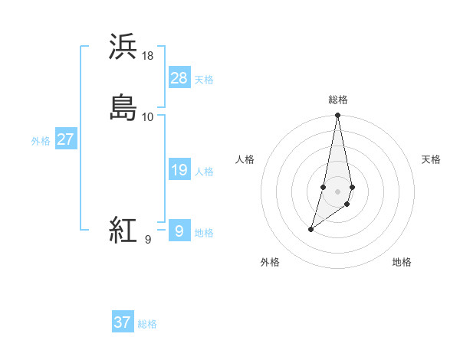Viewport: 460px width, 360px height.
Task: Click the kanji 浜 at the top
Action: [123, 47]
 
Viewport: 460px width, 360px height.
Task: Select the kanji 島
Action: [123, 107]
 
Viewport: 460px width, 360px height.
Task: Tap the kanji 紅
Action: [123, 230]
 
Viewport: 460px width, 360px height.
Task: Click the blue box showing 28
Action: [179, 78]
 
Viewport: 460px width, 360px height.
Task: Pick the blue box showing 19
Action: [179, 170]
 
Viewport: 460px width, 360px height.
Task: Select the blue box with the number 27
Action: [65, 139]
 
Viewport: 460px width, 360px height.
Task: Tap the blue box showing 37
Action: [122, 322]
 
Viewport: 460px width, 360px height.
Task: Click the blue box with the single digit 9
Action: [179, 231]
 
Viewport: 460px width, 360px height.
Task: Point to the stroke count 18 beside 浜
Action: [148, 56]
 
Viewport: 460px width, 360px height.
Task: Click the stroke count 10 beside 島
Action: [148, 117]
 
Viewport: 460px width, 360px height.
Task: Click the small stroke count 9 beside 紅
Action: [147, 240]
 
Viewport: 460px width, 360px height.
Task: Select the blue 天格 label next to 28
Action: [204, 80]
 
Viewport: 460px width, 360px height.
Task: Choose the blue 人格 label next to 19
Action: [204, 172]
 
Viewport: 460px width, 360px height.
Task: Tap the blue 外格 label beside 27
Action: [41, 141]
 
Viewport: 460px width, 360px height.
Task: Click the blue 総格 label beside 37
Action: [147, 324]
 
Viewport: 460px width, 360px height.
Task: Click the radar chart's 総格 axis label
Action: [338, 100]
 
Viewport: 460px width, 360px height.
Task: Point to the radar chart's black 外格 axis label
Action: [270, 262]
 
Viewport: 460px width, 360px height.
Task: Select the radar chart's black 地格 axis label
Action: [402, 262]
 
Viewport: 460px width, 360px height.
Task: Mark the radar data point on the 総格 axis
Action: [338, 116]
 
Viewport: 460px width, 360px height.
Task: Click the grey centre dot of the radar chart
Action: [338, 191]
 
